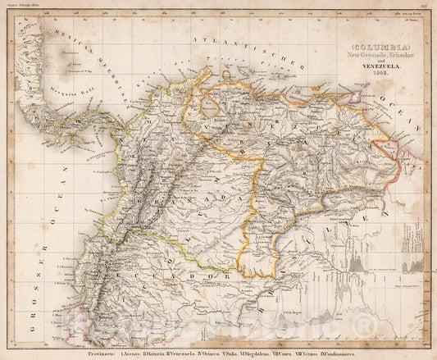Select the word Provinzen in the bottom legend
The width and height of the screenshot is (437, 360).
[x=90, y=341]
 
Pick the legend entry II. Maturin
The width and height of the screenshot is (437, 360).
[x=157, y=341]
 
